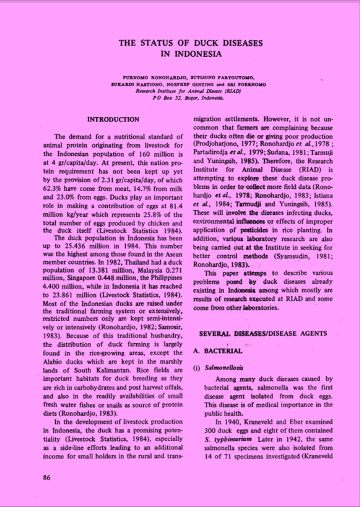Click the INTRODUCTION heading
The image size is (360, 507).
point(113,119)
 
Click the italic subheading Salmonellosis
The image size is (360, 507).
point(224,368)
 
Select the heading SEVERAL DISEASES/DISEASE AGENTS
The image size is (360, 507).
point(263,334)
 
